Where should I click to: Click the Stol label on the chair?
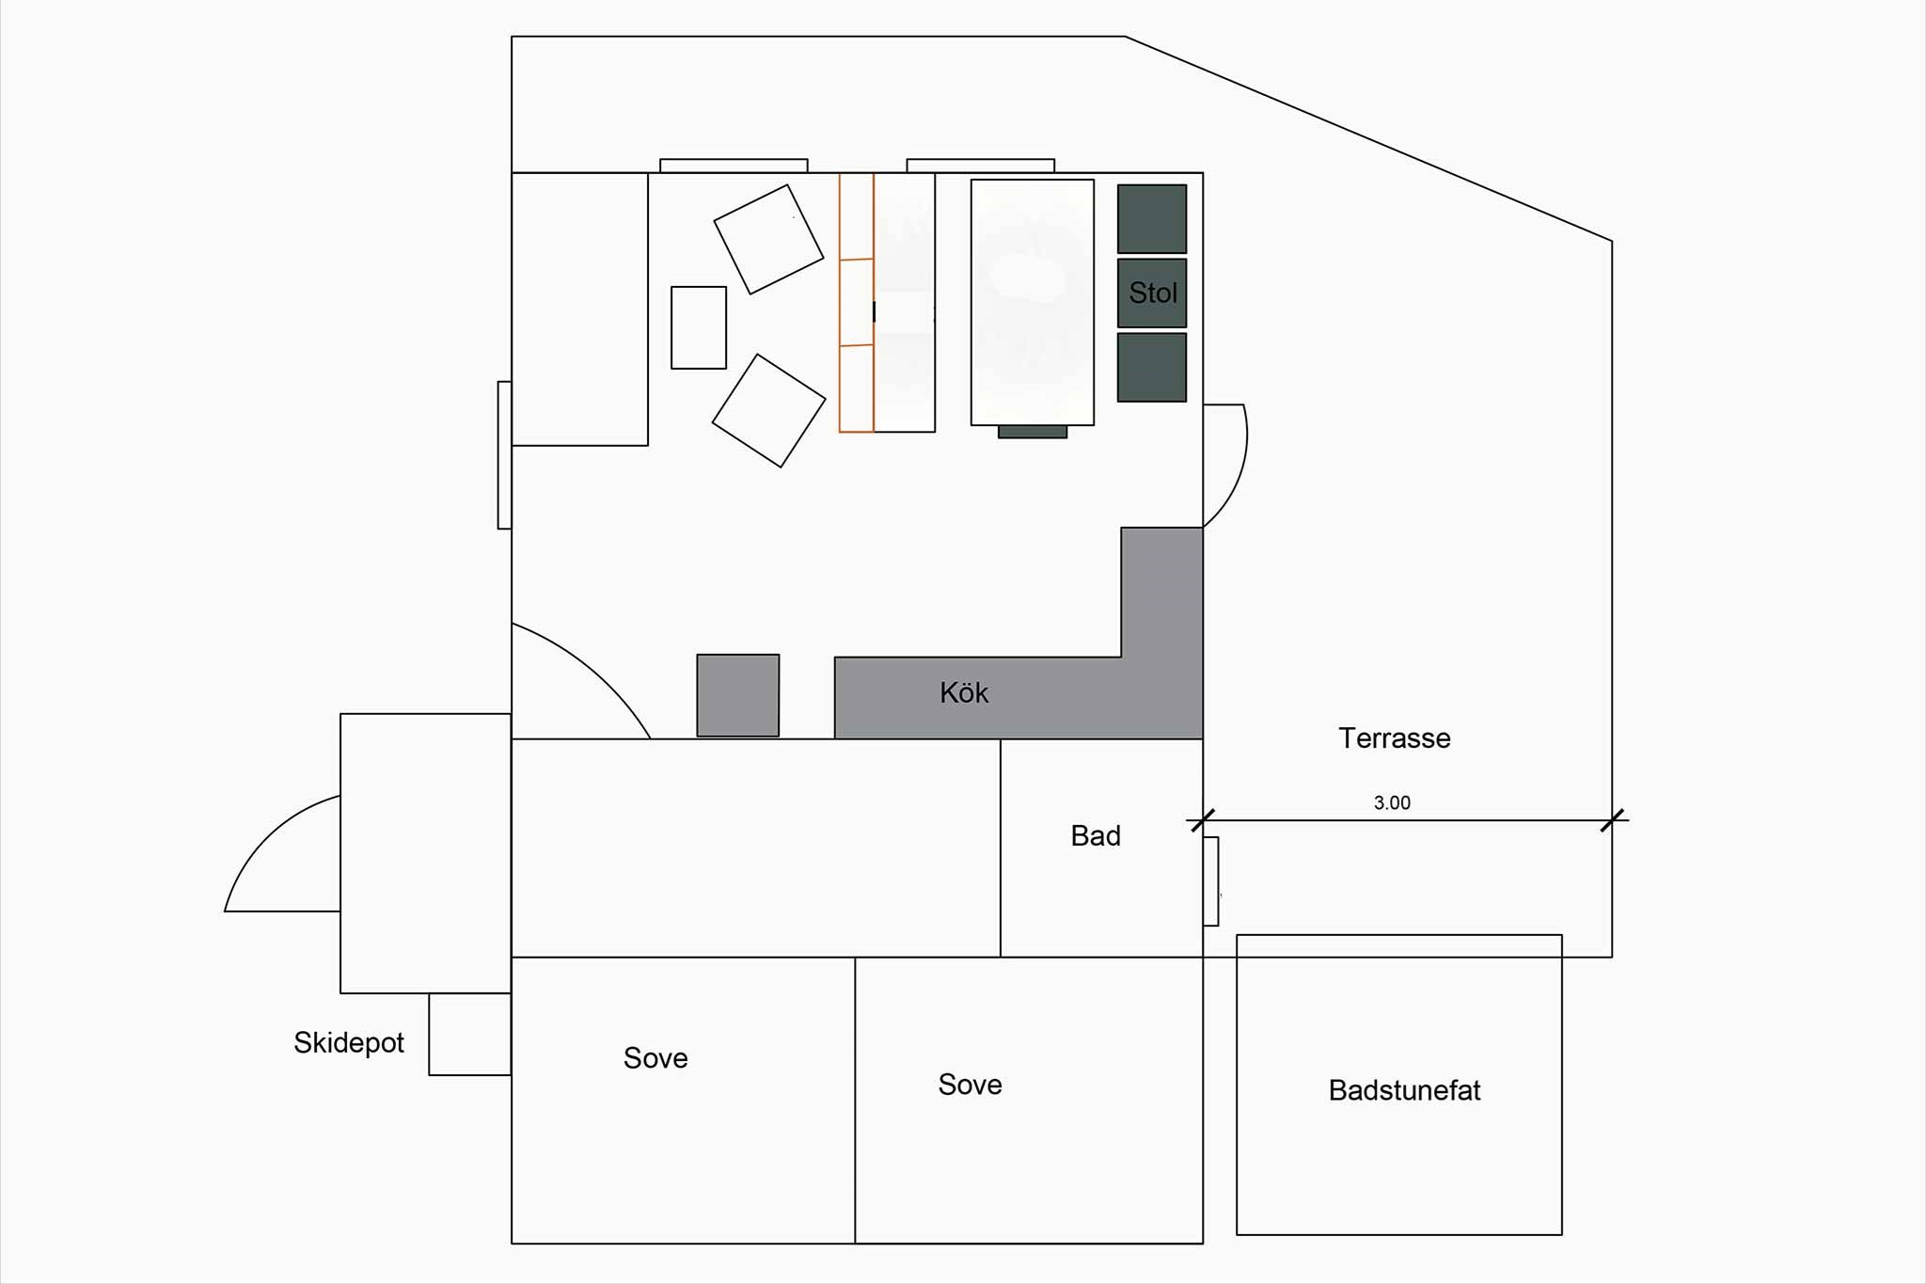coord(1153,293)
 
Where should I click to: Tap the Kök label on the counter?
coord(964,693)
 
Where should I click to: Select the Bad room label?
coord(1096,835)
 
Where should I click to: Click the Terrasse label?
coord(1395,738)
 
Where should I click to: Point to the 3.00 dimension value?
coord(1392,802)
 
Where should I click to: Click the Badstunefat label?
coord(1404,1090)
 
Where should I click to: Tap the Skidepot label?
coord(349,1042)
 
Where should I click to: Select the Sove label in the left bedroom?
coord(655,1058)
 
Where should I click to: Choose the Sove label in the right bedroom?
coord(970,1085)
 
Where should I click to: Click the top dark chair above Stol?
coord(1152,218)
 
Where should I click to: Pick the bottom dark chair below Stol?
coord(1152,367)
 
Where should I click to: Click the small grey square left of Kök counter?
coord(738,695)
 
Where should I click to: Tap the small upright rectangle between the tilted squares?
coord(699,327)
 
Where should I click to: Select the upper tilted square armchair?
coord(769,239)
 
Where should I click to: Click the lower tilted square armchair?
coord(769,410)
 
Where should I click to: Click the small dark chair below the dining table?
coord(1033,432)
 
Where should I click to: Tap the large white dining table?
coord(1033,302)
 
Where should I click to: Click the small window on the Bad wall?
coord(1211,881)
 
